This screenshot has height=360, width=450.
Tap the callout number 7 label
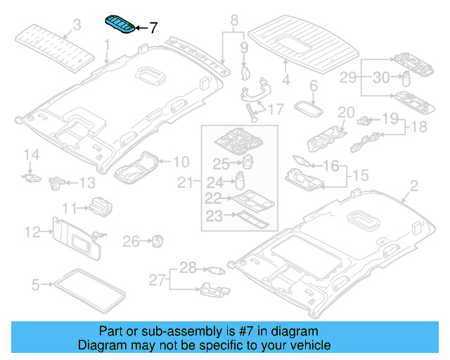153,28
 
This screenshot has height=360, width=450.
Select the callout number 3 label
77,25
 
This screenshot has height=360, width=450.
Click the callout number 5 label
36,285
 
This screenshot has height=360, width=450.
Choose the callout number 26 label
131,242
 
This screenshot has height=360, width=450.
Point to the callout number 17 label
274,110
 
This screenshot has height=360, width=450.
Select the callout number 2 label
413,186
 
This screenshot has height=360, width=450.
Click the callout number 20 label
345,112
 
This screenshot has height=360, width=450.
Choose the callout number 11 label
69,208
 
